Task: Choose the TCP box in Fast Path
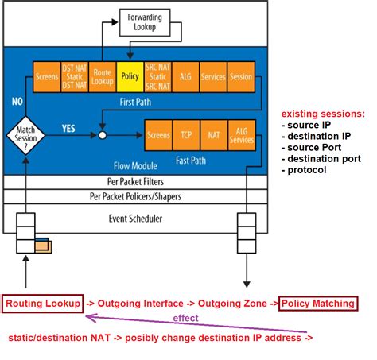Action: [x=186, y=135]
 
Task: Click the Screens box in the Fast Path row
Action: [x=157, y=135]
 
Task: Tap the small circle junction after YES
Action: [x=102, y=136]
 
